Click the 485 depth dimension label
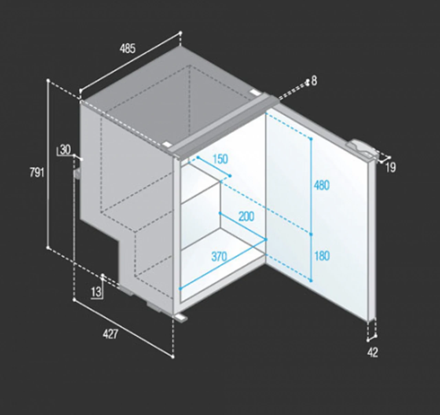(x=128, y=49)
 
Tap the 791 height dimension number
(x=37, y=172)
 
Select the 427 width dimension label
(x=111, y=334)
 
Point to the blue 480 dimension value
(x=321, y=185)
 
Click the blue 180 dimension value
(x=322, y=256)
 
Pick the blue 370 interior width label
(x=219, y=257)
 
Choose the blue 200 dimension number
(x=246, y=216)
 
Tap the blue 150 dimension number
(x=220, y=159)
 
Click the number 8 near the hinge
(x=314, y=81)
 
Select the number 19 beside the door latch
(x=390, y=168)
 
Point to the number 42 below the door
(x=373, y=352)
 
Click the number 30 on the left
(x=65, y=150)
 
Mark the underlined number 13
(x=96, y=292)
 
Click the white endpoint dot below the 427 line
(x=173, y=357)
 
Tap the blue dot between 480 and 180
(x=311, y=234)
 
